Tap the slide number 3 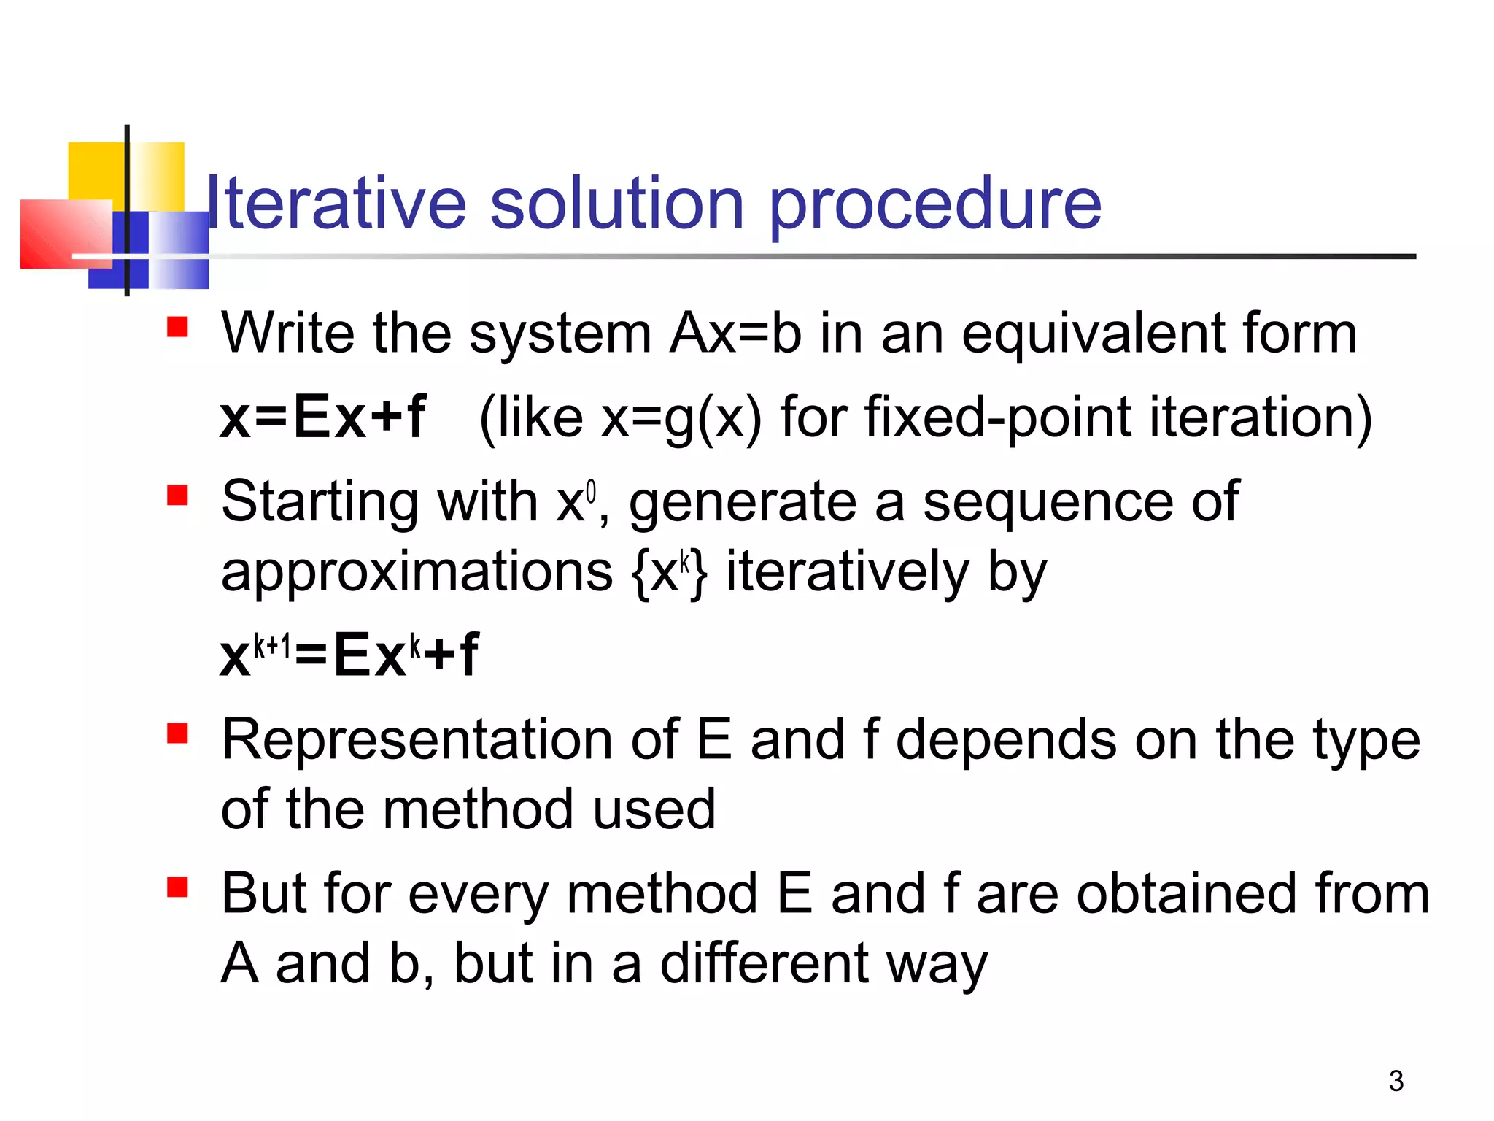1396,1081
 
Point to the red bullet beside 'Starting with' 177,496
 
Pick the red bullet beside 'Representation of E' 177,733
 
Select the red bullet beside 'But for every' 177,887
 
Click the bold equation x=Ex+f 322,417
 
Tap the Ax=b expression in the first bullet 735,334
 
